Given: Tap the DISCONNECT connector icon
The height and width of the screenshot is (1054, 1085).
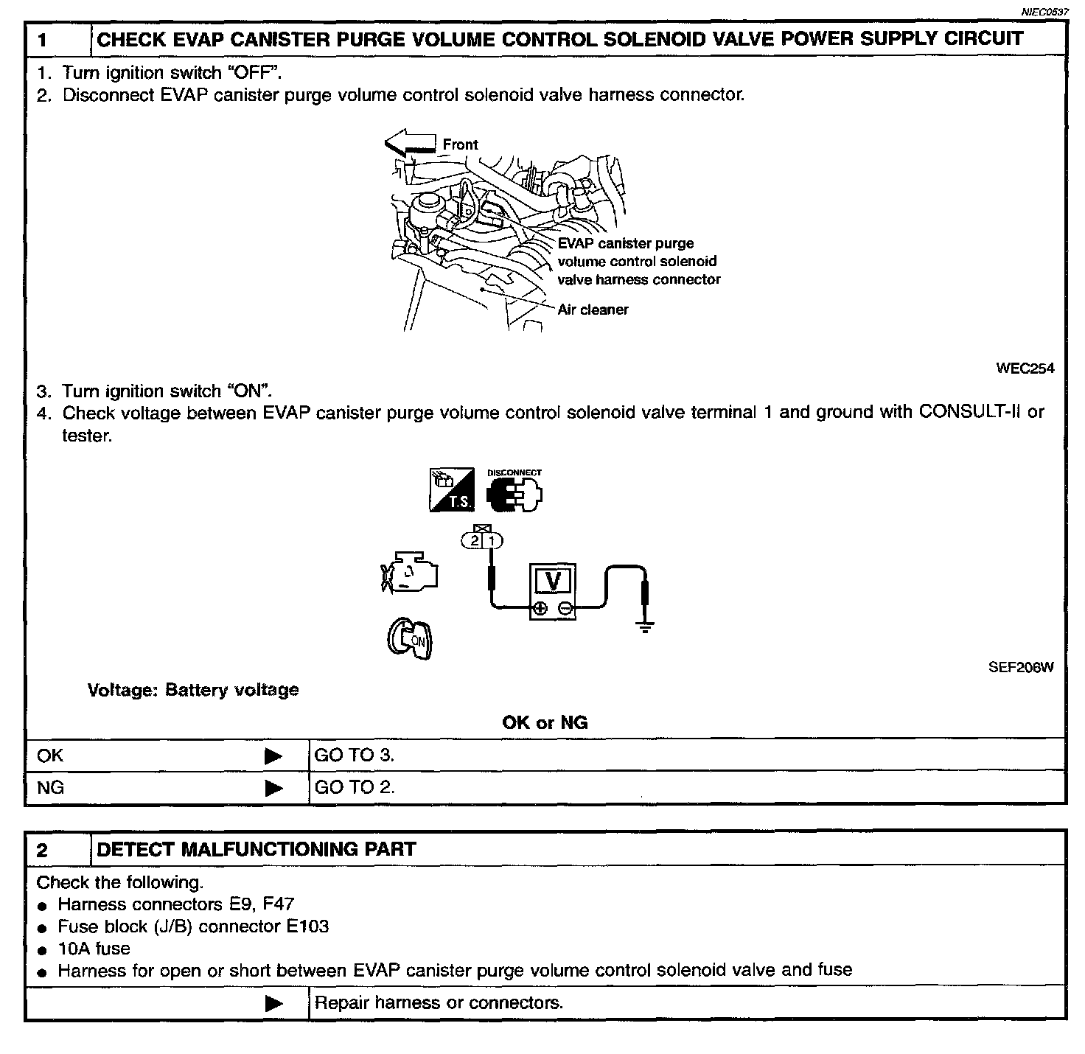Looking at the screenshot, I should [x=514, y=492].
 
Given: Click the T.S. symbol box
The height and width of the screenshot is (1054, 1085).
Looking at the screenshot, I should [x=451, y=490].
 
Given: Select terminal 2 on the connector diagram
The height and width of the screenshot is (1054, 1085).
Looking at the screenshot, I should [x=474, y=541].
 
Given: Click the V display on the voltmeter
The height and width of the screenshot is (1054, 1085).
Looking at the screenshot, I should [x=553, y=582].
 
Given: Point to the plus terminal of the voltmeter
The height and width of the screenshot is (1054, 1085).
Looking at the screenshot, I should [x=540, y=608].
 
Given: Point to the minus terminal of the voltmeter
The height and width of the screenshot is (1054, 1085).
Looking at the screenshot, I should [x=565, y=608].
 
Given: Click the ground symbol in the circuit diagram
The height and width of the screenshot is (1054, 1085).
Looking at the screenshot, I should [x=646, y=627].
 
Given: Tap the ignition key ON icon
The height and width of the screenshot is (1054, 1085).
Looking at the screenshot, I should [x=410, y=638].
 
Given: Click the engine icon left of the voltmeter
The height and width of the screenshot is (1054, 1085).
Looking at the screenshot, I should [x=410, y=571].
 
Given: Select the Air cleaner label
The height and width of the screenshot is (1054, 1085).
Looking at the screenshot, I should [x=593, y=310].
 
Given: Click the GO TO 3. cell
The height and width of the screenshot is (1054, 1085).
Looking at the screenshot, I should [x=355, y=755].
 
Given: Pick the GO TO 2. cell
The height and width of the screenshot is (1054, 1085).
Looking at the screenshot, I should [x=355, y=787].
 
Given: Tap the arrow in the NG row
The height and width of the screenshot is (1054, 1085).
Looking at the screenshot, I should [x=273, y=788].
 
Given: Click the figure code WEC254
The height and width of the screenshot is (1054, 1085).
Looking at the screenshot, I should [x=1025, y=369].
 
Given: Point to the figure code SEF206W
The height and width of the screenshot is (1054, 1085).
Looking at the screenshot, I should [x=1021, y=668].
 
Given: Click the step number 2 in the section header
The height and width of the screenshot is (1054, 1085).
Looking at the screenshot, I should [x=42, y=850].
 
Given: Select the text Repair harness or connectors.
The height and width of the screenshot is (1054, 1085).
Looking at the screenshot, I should [x=439, y=1003].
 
